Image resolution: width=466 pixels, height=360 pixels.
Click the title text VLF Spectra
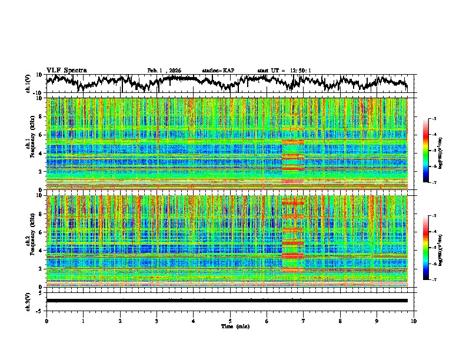[66, 70]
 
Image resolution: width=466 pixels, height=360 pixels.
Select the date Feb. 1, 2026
[164, 71]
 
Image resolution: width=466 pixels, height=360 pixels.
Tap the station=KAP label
[218, 71]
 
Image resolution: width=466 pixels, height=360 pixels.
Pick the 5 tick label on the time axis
[230, 321]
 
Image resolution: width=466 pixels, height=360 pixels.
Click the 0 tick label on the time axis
[46, 321]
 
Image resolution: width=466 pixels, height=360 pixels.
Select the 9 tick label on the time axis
[377, 321]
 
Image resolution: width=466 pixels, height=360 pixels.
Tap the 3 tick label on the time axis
[157, 321]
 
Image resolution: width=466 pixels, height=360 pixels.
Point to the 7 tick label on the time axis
[304, 321]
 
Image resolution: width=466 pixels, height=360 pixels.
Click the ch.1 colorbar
[432, 151]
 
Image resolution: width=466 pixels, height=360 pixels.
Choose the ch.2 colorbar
[432, 248]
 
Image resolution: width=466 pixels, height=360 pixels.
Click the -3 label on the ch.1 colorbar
[439, 119]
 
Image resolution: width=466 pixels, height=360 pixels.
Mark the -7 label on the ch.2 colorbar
[439, 280]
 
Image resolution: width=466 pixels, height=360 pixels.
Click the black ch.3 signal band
[227, 301]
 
